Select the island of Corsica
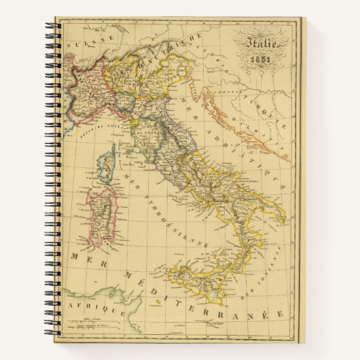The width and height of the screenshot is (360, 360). click(x=107, y=163)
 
